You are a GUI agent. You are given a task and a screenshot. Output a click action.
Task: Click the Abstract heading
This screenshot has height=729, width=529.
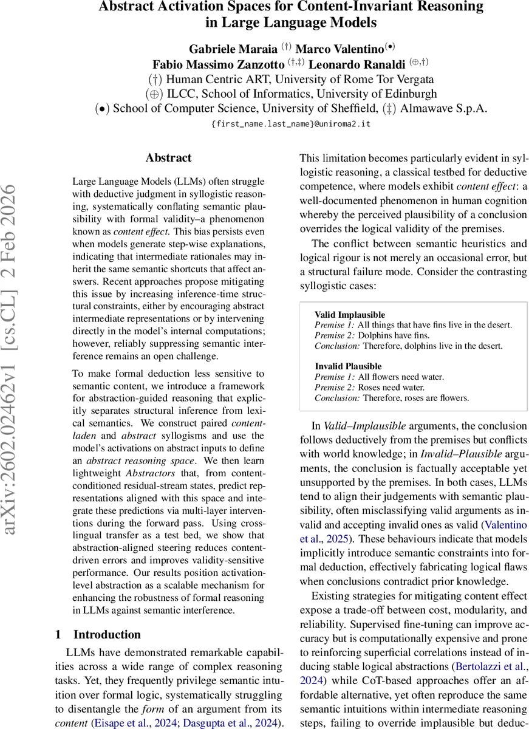tap(168, 158)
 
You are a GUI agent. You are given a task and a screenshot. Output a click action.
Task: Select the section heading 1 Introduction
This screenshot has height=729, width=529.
tap(98, 634)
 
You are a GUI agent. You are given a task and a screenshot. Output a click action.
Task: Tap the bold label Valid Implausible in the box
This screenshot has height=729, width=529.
tap(350, 315)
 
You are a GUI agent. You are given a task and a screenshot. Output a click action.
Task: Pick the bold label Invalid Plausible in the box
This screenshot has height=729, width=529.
tap(348, 366)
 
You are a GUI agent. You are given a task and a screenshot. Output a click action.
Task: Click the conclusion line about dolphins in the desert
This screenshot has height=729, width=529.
tap(408, 346)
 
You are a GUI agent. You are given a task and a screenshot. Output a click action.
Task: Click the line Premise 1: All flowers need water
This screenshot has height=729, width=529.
tap(379, 377)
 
